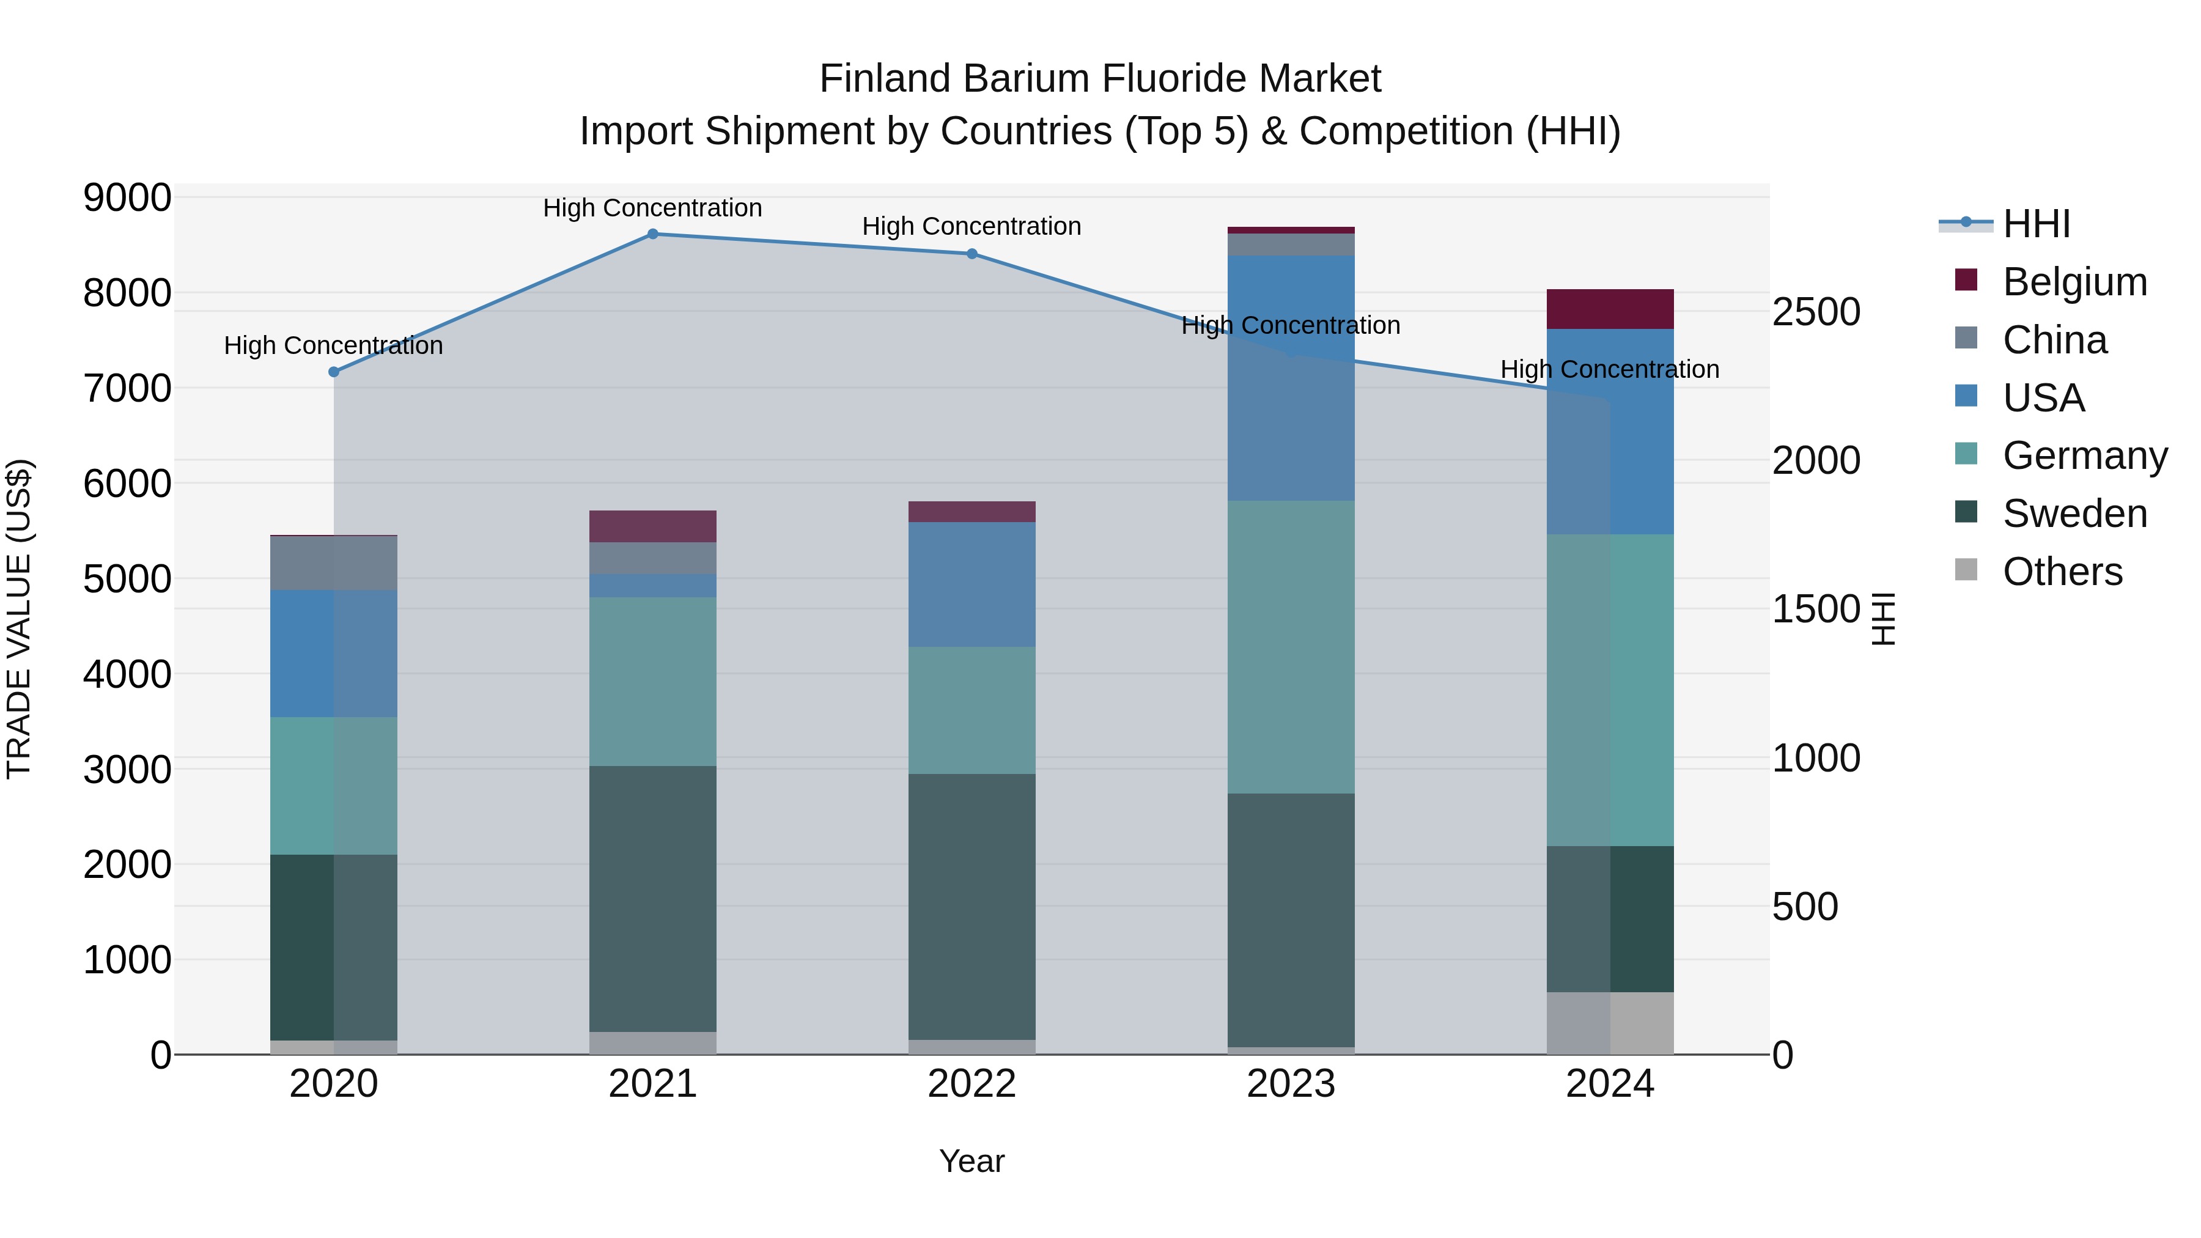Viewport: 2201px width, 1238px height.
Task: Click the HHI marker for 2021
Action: click(653, 234)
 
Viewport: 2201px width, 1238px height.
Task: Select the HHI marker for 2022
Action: click(971, 254)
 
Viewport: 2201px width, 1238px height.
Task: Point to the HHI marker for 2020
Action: click(334, 372)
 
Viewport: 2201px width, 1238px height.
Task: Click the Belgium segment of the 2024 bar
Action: click(1610, 309)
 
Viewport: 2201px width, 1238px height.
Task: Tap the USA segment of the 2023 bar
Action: click(1291, 378)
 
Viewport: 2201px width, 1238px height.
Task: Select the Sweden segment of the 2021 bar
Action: click(653, 899)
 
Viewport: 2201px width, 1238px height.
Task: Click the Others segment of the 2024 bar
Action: click(1610, 1023)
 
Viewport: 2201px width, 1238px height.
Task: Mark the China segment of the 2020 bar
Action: click(334, 563)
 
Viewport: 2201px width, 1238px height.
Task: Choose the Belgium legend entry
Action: click(2074, 282)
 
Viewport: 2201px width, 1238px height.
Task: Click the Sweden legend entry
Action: click(2074, 514)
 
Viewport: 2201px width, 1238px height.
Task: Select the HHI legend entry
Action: click(2036, 224)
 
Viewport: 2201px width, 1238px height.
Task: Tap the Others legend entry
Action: click(2062, 572)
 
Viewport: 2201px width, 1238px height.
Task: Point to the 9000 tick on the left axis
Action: click(127, 197)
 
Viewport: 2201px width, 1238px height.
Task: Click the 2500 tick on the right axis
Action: click(1816, 312)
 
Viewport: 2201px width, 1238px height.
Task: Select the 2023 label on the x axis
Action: click(1291, 1084)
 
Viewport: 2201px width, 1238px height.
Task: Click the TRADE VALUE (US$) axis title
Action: click(20, 619)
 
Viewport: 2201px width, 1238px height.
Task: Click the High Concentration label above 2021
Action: click(653, 208)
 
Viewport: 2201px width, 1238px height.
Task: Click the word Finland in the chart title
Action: click(885, 79)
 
